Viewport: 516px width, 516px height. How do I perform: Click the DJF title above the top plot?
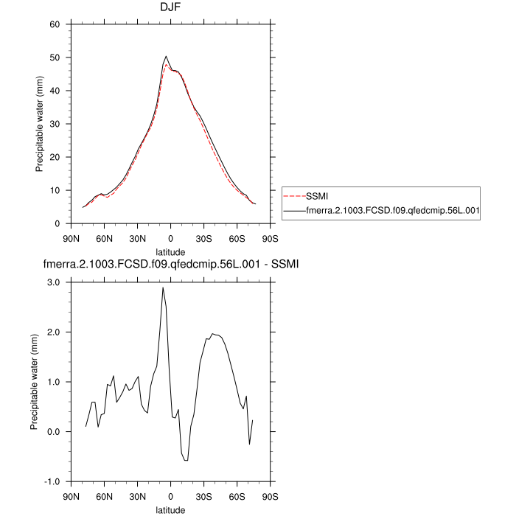pos(170,8)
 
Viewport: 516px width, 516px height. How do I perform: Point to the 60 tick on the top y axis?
pos(54,24)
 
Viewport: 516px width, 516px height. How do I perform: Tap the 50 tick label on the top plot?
pos(54,57)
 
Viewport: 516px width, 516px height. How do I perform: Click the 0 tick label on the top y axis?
pos(57,223)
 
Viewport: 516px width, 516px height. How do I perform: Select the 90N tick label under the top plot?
pos(72,238)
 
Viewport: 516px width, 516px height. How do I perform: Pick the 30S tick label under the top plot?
pos(203,238)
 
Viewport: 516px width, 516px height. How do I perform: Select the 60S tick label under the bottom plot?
pos(237,496)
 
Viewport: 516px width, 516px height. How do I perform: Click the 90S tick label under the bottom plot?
pos(270,496)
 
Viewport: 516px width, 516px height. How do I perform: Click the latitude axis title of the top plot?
pos(170,251)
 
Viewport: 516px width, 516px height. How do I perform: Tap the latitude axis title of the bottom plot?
pos(170,509)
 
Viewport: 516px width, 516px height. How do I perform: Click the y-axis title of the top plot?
pos(40,124)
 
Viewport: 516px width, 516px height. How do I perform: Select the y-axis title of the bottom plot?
pos(35,382)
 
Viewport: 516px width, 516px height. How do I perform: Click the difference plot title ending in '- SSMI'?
pos(170,263)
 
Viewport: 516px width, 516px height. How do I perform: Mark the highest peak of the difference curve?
pos(163,287)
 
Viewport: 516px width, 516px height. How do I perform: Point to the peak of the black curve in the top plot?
pos(166,56)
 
